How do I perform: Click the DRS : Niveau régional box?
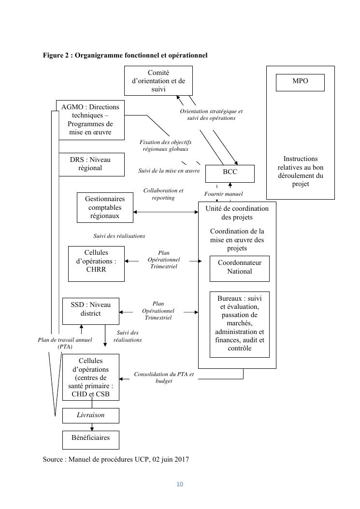coord(90,164)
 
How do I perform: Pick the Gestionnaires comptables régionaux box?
coord(105,207)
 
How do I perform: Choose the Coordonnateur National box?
coord(240,268)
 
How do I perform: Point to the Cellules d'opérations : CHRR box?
coord(96,263)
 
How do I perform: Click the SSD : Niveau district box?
coord(91,311)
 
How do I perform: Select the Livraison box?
coord(91,415)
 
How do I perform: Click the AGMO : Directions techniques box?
coord(90,119)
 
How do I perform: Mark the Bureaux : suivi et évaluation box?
coord(240,324)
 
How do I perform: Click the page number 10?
coord(180,484)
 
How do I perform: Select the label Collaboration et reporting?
coord(163,194)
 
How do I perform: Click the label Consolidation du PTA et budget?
coord(164,378)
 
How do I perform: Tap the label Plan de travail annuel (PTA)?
coord(65,343)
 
